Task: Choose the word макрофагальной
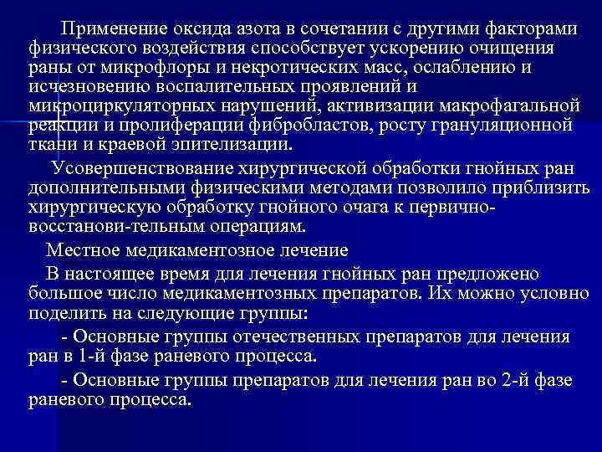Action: click(x=509, y=105)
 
